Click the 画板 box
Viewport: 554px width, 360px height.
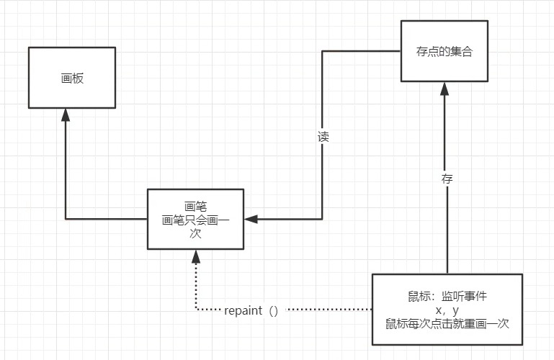[x=72, y=78]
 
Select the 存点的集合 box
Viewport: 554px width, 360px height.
[x=444, y=52]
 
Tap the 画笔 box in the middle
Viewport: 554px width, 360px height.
[x=195, y=219]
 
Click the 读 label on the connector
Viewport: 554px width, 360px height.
[x=323, y=137]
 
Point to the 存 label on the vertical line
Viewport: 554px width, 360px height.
[x=447, y=179]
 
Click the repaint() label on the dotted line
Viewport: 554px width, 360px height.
[x=251, y=310]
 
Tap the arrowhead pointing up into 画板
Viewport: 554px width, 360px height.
[x=66, y=114]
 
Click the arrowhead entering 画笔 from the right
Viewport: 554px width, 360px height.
[x=249, y=219]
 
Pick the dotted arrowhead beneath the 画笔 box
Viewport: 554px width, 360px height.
[x=195, y=256]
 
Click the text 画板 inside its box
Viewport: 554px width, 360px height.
[x=72, y=78]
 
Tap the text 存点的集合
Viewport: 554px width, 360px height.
[x=444, y=53]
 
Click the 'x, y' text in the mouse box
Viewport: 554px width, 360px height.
[x=447, y=310]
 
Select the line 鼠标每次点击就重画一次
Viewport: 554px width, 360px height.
[x=447, y=323]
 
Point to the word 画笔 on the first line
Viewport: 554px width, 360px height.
[x=195, y=207]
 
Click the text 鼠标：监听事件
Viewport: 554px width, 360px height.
[x=447, y=297]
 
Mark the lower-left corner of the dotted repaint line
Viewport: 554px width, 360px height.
[x=195, y=310]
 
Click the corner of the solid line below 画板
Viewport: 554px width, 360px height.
[x=66, y=219]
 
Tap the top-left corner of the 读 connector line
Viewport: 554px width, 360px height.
[x=322, y=51]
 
